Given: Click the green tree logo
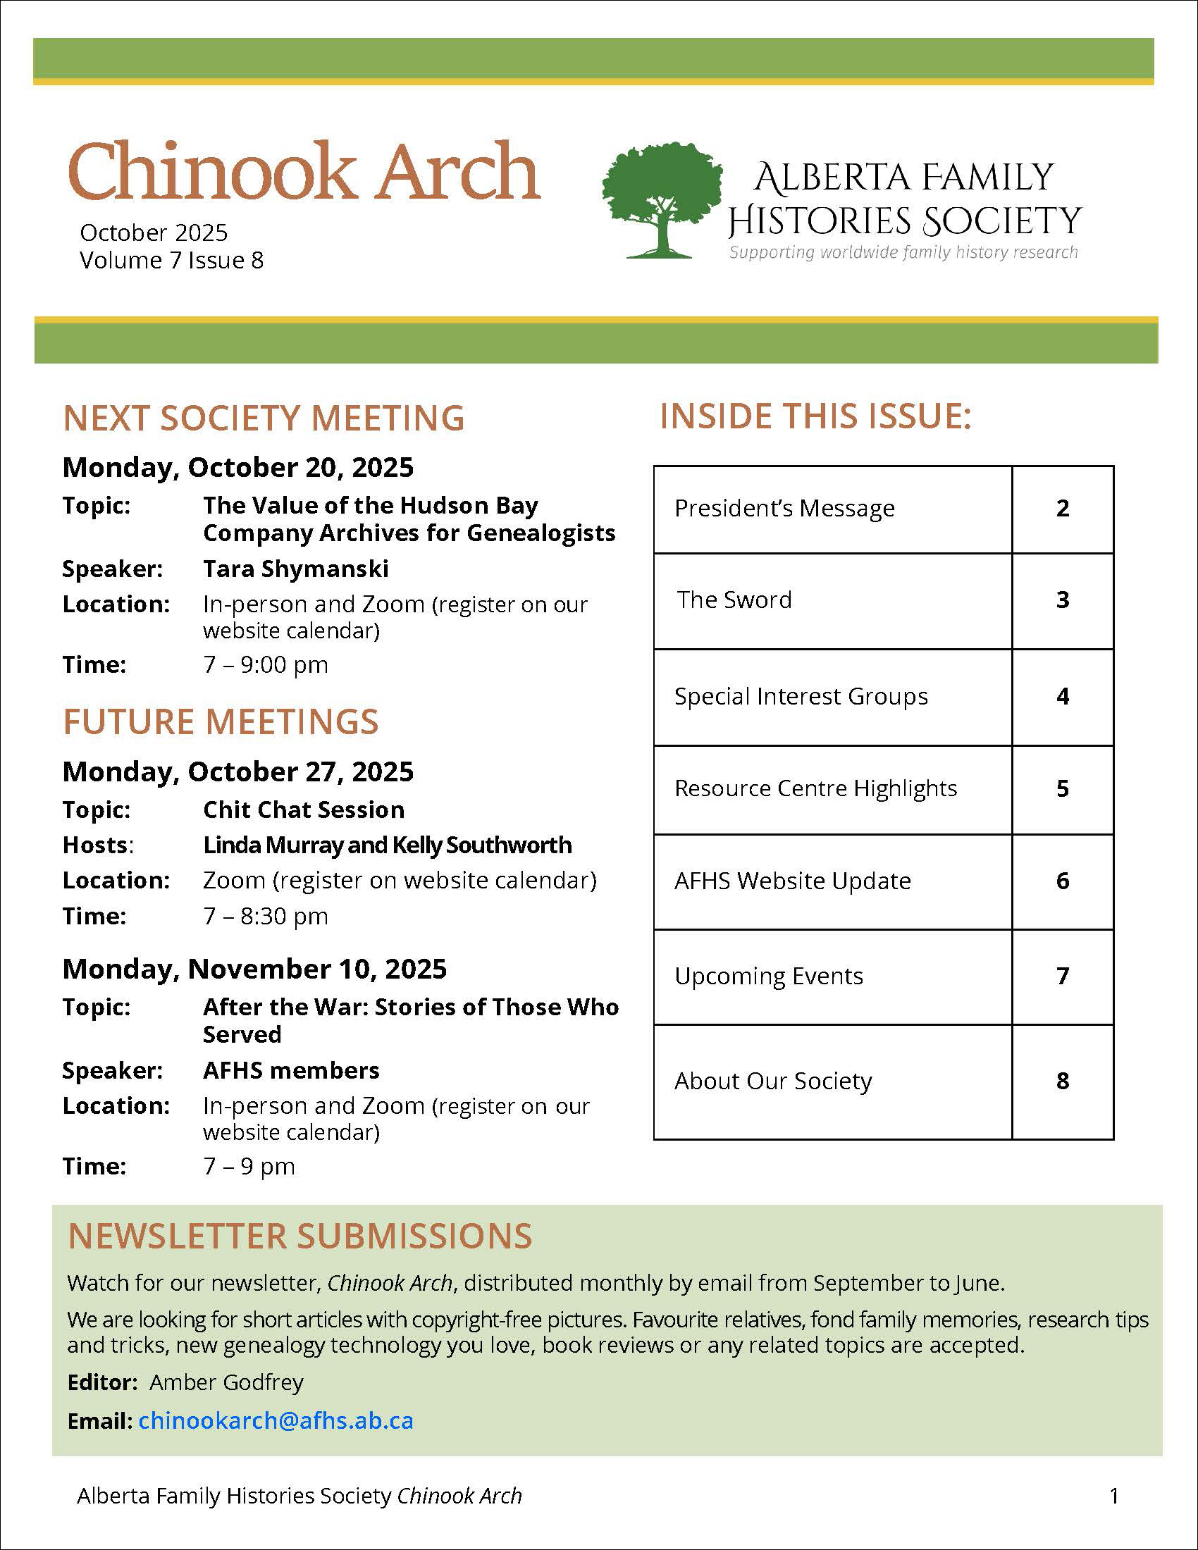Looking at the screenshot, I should [x=662, y=199].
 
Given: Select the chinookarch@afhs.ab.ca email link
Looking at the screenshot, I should [x=276, y=1420].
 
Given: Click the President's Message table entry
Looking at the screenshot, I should [x=784, y=508].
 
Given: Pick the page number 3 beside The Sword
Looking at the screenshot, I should [x=1062, y=600].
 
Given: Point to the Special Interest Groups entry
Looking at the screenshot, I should [x=801, y=696].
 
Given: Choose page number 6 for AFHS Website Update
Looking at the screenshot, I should [x=1062, y=881].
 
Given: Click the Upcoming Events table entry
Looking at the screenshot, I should [x=769, y=976].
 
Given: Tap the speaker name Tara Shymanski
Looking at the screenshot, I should [x=295, y=569].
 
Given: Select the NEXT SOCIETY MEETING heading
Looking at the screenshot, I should [x=264, y=417].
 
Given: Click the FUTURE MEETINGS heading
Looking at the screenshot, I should [x=221, y=721].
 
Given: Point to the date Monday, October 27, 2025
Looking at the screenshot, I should [x=237, y=771].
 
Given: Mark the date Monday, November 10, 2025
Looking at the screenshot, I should [x=254, y=969].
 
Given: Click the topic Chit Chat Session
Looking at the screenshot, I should [x=303, y=810].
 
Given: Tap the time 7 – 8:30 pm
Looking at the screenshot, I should [x=266, y=916].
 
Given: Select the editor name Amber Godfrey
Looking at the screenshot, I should [x=226, y=1382].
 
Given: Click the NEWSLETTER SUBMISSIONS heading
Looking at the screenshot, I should [x=299, y=1236].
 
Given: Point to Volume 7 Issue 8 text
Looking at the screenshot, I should [x=171, y=261].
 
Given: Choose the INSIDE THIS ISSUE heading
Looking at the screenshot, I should [x=815, y=416].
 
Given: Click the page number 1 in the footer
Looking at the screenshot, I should [x=1113, y=1496].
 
